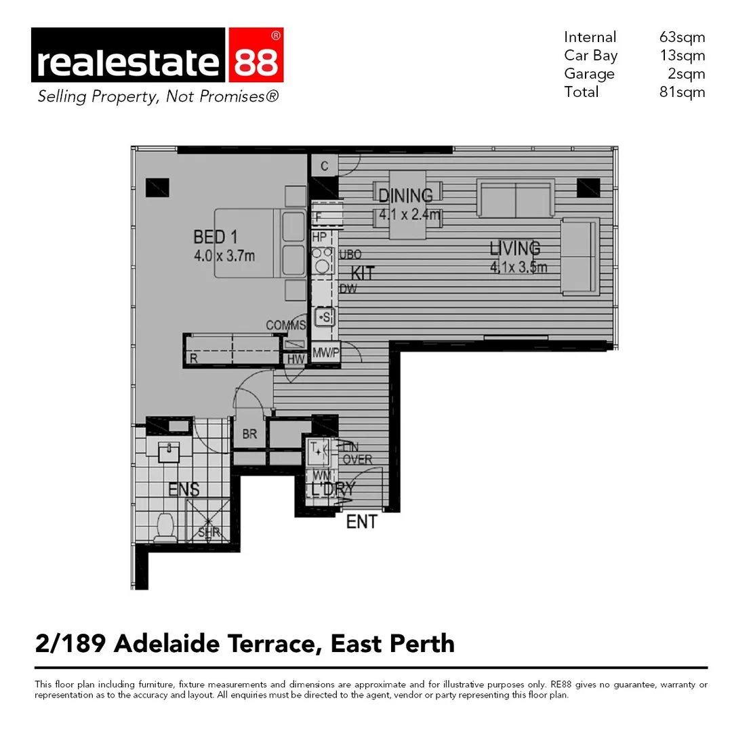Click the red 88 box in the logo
(x=256, y=62)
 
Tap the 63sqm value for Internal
(x=682, y=37)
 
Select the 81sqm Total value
(x=682, y=92)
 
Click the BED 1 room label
(x=215, y=237)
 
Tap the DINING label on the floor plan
(x=405, y=196)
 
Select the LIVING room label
(x=515, y=248)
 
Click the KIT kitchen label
(x=363, y=274)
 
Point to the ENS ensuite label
(x=184, y=489)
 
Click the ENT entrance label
(x=361, y=522)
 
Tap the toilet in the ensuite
(x=165, y=527)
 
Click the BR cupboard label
(x=249, y=434)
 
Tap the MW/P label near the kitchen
(x=325, y=352)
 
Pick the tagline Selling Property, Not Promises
(x=157, y=97)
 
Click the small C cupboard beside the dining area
(x=325, y=166)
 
